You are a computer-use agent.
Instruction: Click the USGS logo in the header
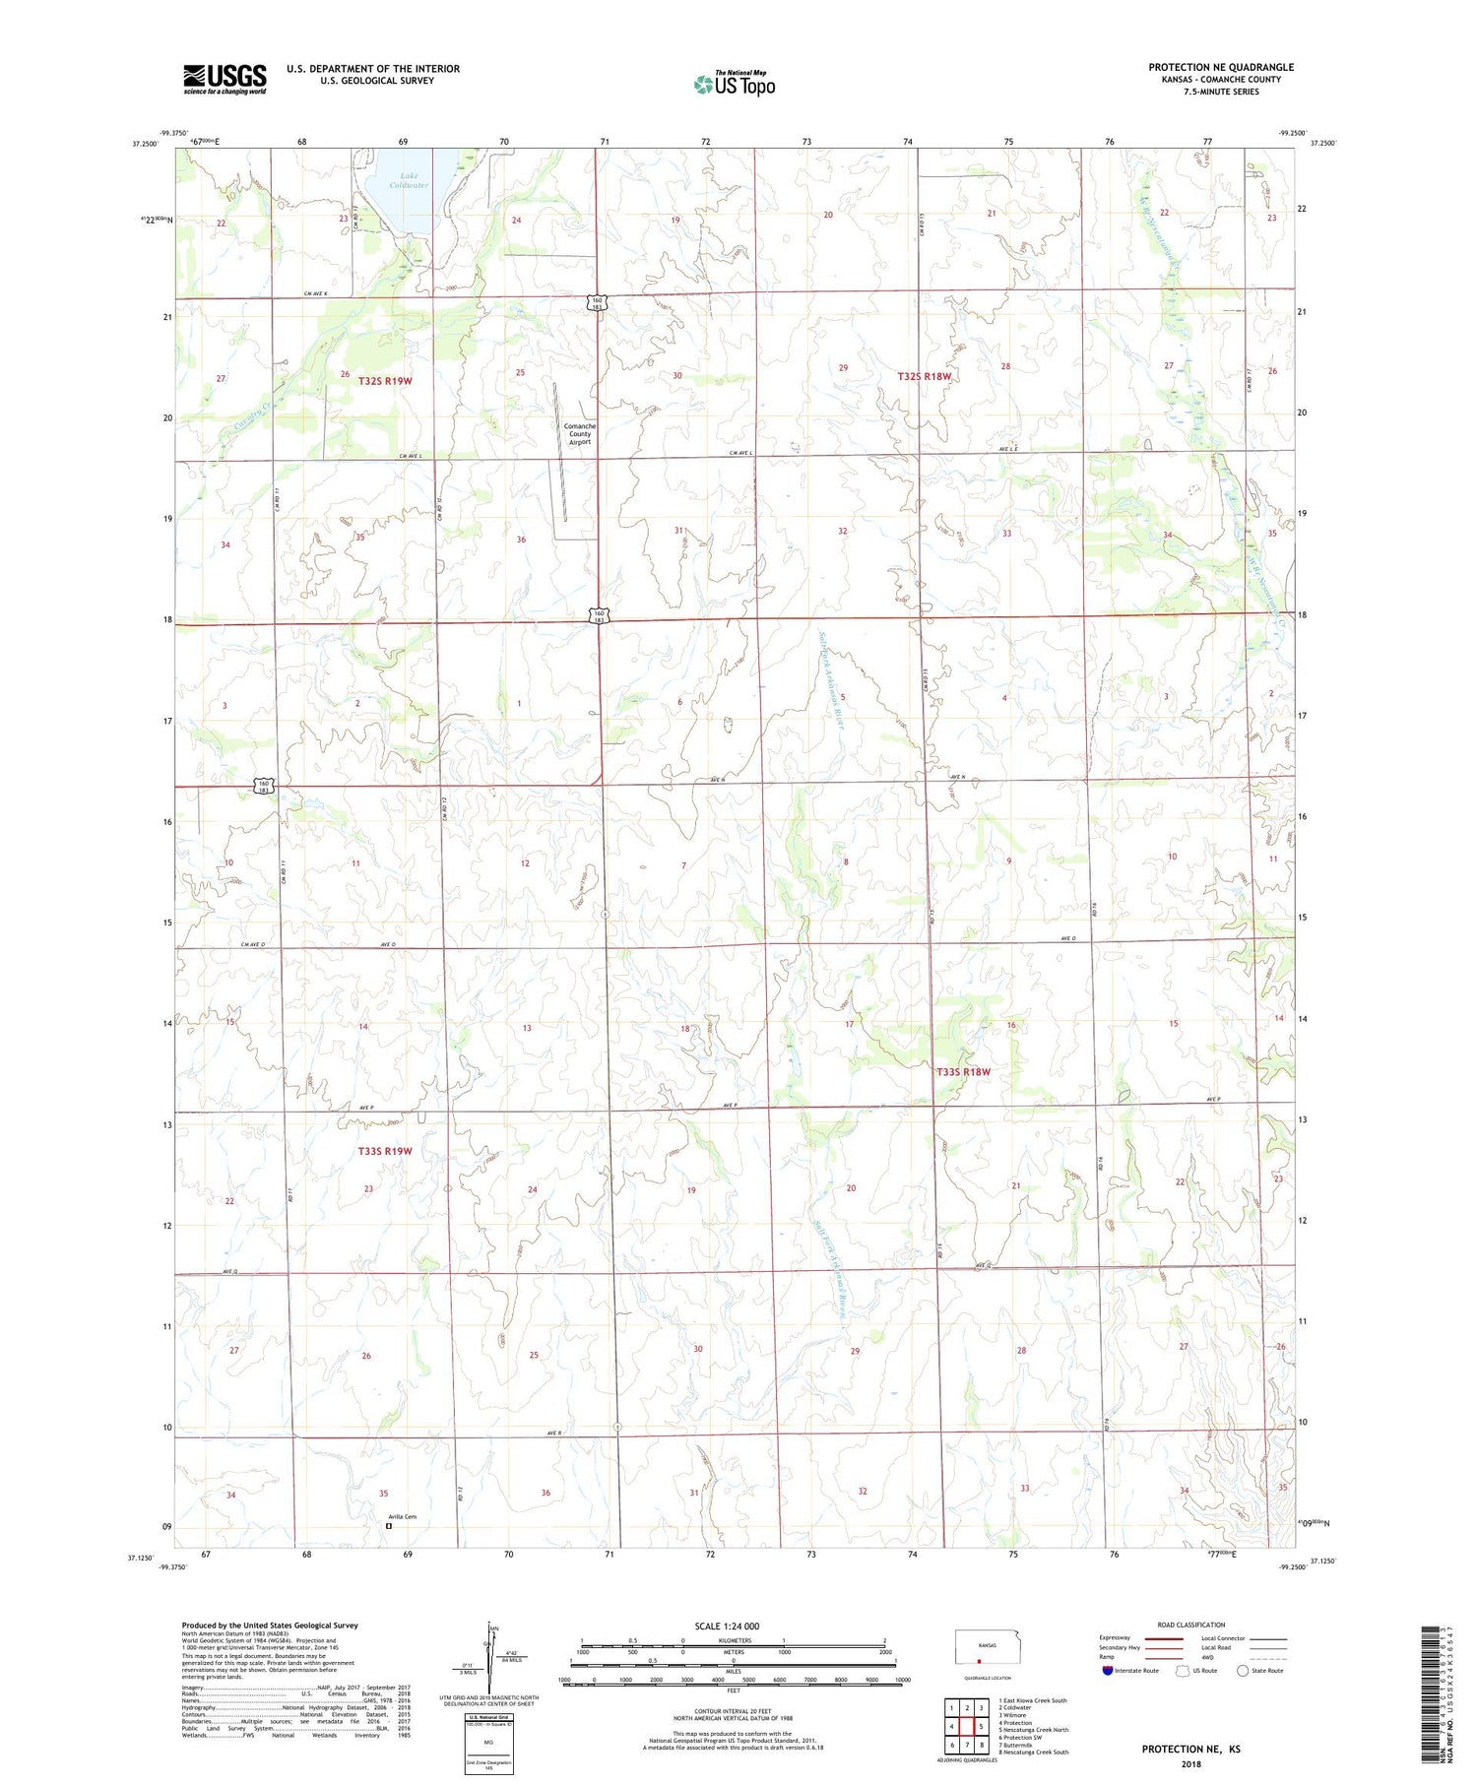[x=225, y=79]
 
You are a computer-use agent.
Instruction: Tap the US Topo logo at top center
[x=735, y=84]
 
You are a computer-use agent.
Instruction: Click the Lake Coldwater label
[x=408, y=180]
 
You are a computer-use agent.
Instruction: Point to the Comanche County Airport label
[x=579, y=434]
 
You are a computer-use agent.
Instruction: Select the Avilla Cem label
[x=402, y=1516]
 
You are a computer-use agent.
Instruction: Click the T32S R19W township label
[x=385, y=380]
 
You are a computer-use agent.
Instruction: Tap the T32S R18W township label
[x=925, y=376]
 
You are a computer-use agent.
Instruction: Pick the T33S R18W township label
[x=963, y=1071]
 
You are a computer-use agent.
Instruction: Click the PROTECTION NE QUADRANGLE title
[x=1220, y=67]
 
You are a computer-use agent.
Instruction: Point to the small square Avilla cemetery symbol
[x=388, y=1526]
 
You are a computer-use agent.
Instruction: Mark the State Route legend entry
[x=1260, y=1670]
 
